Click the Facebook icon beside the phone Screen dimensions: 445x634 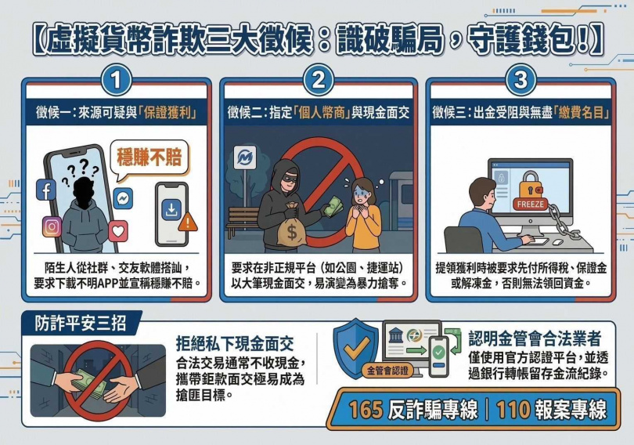(x=47, y=190)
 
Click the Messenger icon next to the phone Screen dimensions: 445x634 (x=123, y=198)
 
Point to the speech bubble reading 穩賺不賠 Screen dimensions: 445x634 (x=149, y=157)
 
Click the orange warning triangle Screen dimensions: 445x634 (x=188, y=223)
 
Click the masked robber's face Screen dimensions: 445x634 (x=283, y=175)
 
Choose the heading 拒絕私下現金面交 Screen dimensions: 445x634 (x=234, y=342)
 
